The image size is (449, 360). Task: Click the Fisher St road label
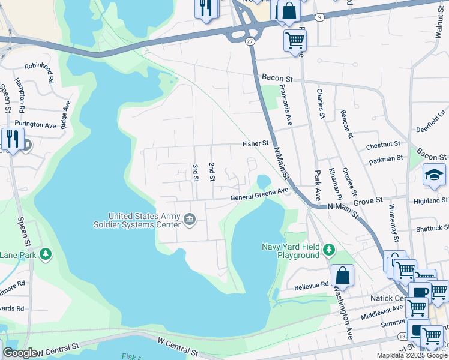pyautogui.click(x=255, y=143)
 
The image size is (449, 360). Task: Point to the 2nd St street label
pyautogui.click(x=211, y=171)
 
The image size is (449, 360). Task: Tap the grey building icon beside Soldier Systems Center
pyautogui.click(x=190, y=220)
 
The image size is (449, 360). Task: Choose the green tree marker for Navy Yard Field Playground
pyautogui.click(x=328, y=249)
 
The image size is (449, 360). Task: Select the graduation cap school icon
pyautogui.click(x=434, y=175)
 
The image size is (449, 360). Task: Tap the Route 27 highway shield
pyautogui.click(x=250, y=41)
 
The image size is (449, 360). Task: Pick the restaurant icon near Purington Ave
pyautogui.click(x=12, y=139)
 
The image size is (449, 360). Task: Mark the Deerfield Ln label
pyautogui.click(x=432, y=122)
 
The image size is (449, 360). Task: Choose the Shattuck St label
pyautogui.click(x=432, y=228)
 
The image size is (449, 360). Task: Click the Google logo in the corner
pyautogui.click(x=20, y=353)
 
